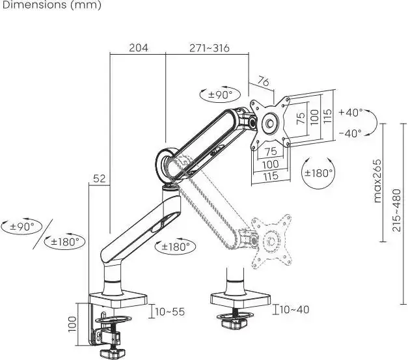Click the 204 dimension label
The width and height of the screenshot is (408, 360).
[139, 48]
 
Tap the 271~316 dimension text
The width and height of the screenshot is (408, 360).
[210, 48]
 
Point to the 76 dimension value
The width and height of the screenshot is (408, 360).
[263, 82]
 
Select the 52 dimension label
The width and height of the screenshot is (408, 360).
[100, 178]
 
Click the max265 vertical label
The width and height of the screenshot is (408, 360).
[377, 181]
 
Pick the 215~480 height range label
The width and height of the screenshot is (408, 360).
[397, 210]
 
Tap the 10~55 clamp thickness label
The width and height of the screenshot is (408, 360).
[170, 312]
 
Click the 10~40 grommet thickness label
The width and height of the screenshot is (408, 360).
[295, 309]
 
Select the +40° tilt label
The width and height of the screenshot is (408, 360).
[351, 113]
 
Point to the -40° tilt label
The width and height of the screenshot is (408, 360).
[351, 133]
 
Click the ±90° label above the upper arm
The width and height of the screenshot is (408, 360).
[220, 95]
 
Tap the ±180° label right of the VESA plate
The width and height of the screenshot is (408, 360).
[318, 173]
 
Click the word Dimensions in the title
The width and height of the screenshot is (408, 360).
[34, 5]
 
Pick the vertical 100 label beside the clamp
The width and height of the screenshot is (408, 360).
[72, 324]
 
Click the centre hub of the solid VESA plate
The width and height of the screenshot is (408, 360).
[270, 122]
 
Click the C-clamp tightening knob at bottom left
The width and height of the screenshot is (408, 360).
[113, 353]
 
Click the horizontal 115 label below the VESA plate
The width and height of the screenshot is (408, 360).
[271, 176]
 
